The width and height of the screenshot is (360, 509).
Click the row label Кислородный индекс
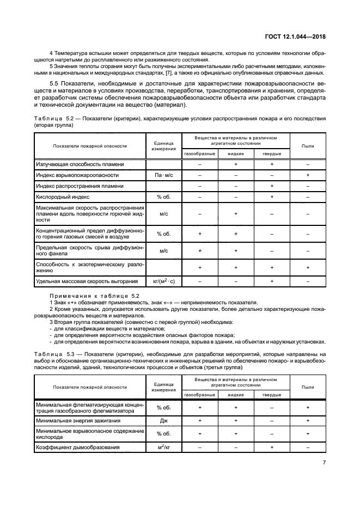tap(63, 197)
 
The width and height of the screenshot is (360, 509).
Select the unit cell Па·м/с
tap(163, 175)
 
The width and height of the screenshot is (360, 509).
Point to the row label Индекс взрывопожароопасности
tap(77, 175)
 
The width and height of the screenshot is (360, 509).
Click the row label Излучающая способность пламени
tap(80, 164)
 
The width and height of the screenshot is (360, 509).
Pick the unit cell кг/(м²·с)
tap(163, 281)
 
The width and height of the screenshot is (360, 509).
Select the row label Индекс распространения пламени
tap(80, 186)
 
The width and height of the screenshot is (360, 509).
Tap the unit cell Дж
tap(163, 420)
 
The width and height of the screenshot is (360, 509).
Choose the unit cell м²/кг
tap(163, 447)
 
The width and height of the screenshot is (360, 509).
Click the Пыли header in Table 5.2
tap(308, 146)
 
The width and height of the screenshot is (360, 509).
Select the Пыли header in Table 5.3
tap(308, 387)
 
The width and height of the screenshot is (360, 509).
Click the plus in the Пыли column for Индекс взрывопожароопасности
tap(308, 175)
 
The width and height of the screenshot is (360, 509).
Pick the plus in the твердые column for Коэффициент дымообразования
tap(272, 447)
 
